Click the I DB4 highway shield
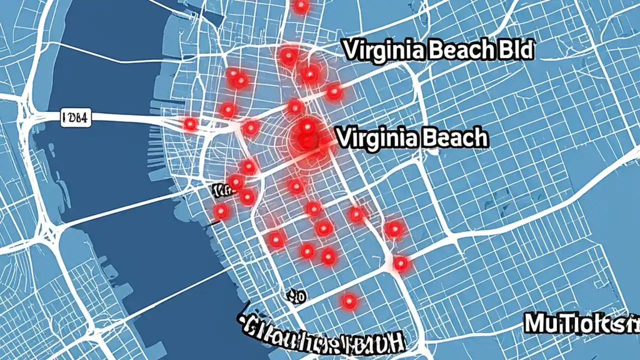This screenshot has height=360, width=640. (75, 118)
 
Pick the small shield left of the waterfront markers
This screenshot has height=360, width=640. (218, 190)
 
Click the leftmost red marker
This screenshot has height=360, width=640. (190, 123)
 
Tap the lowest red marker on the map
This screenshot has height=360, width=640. (349, 301)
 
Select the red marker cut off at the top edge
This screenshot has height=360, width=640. (301, 5)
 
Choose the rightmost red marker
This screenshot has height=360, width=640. (400, 262)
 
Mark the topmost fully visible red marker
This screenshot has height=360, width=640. (288, 55)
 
